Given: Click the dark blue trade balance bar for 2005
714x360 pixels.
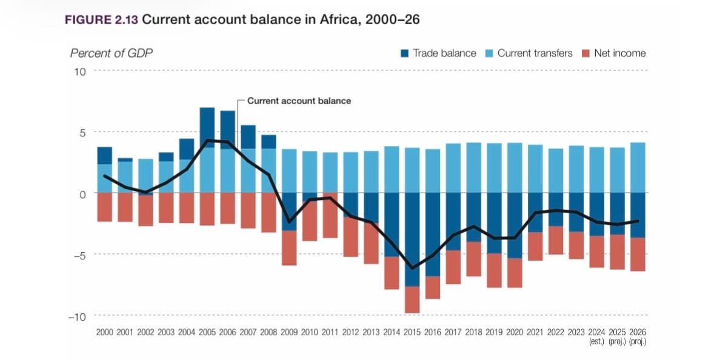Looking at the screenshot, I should point(207,127).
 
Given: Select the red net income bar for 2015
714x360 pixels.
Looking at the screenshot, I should point(413,299).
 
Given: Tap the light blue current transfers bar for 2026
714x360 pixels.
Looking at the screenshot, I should point(638,167).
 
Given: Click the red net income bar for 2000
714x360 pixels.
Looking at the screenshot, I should point(105,207).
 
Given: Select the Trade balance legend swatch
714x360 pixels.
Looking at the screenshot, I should point(404,53).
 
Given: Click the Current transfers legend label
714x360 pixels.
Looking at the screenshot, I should point(535,53).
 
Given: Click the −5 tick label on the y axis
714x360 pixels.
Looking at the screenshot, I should point(78,255).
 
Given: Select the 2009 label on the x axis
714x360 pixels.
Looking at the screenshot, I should point(289,333).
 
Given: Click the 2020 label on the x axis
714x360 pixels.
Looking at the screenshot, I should point(515,333).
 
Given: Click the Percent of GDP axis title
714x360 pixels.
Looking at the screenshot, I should point(111,53).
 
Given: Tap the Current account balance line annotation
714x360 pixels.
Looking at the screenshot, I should point(299,101).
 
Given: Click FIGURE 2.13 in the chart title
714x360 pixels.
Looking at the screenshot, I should point(101,19).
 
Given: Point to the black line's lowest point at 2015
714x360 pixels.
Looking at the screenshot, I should point(413,268).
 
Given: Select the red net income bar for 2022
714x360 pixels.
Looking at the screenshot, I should point(556,240).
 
